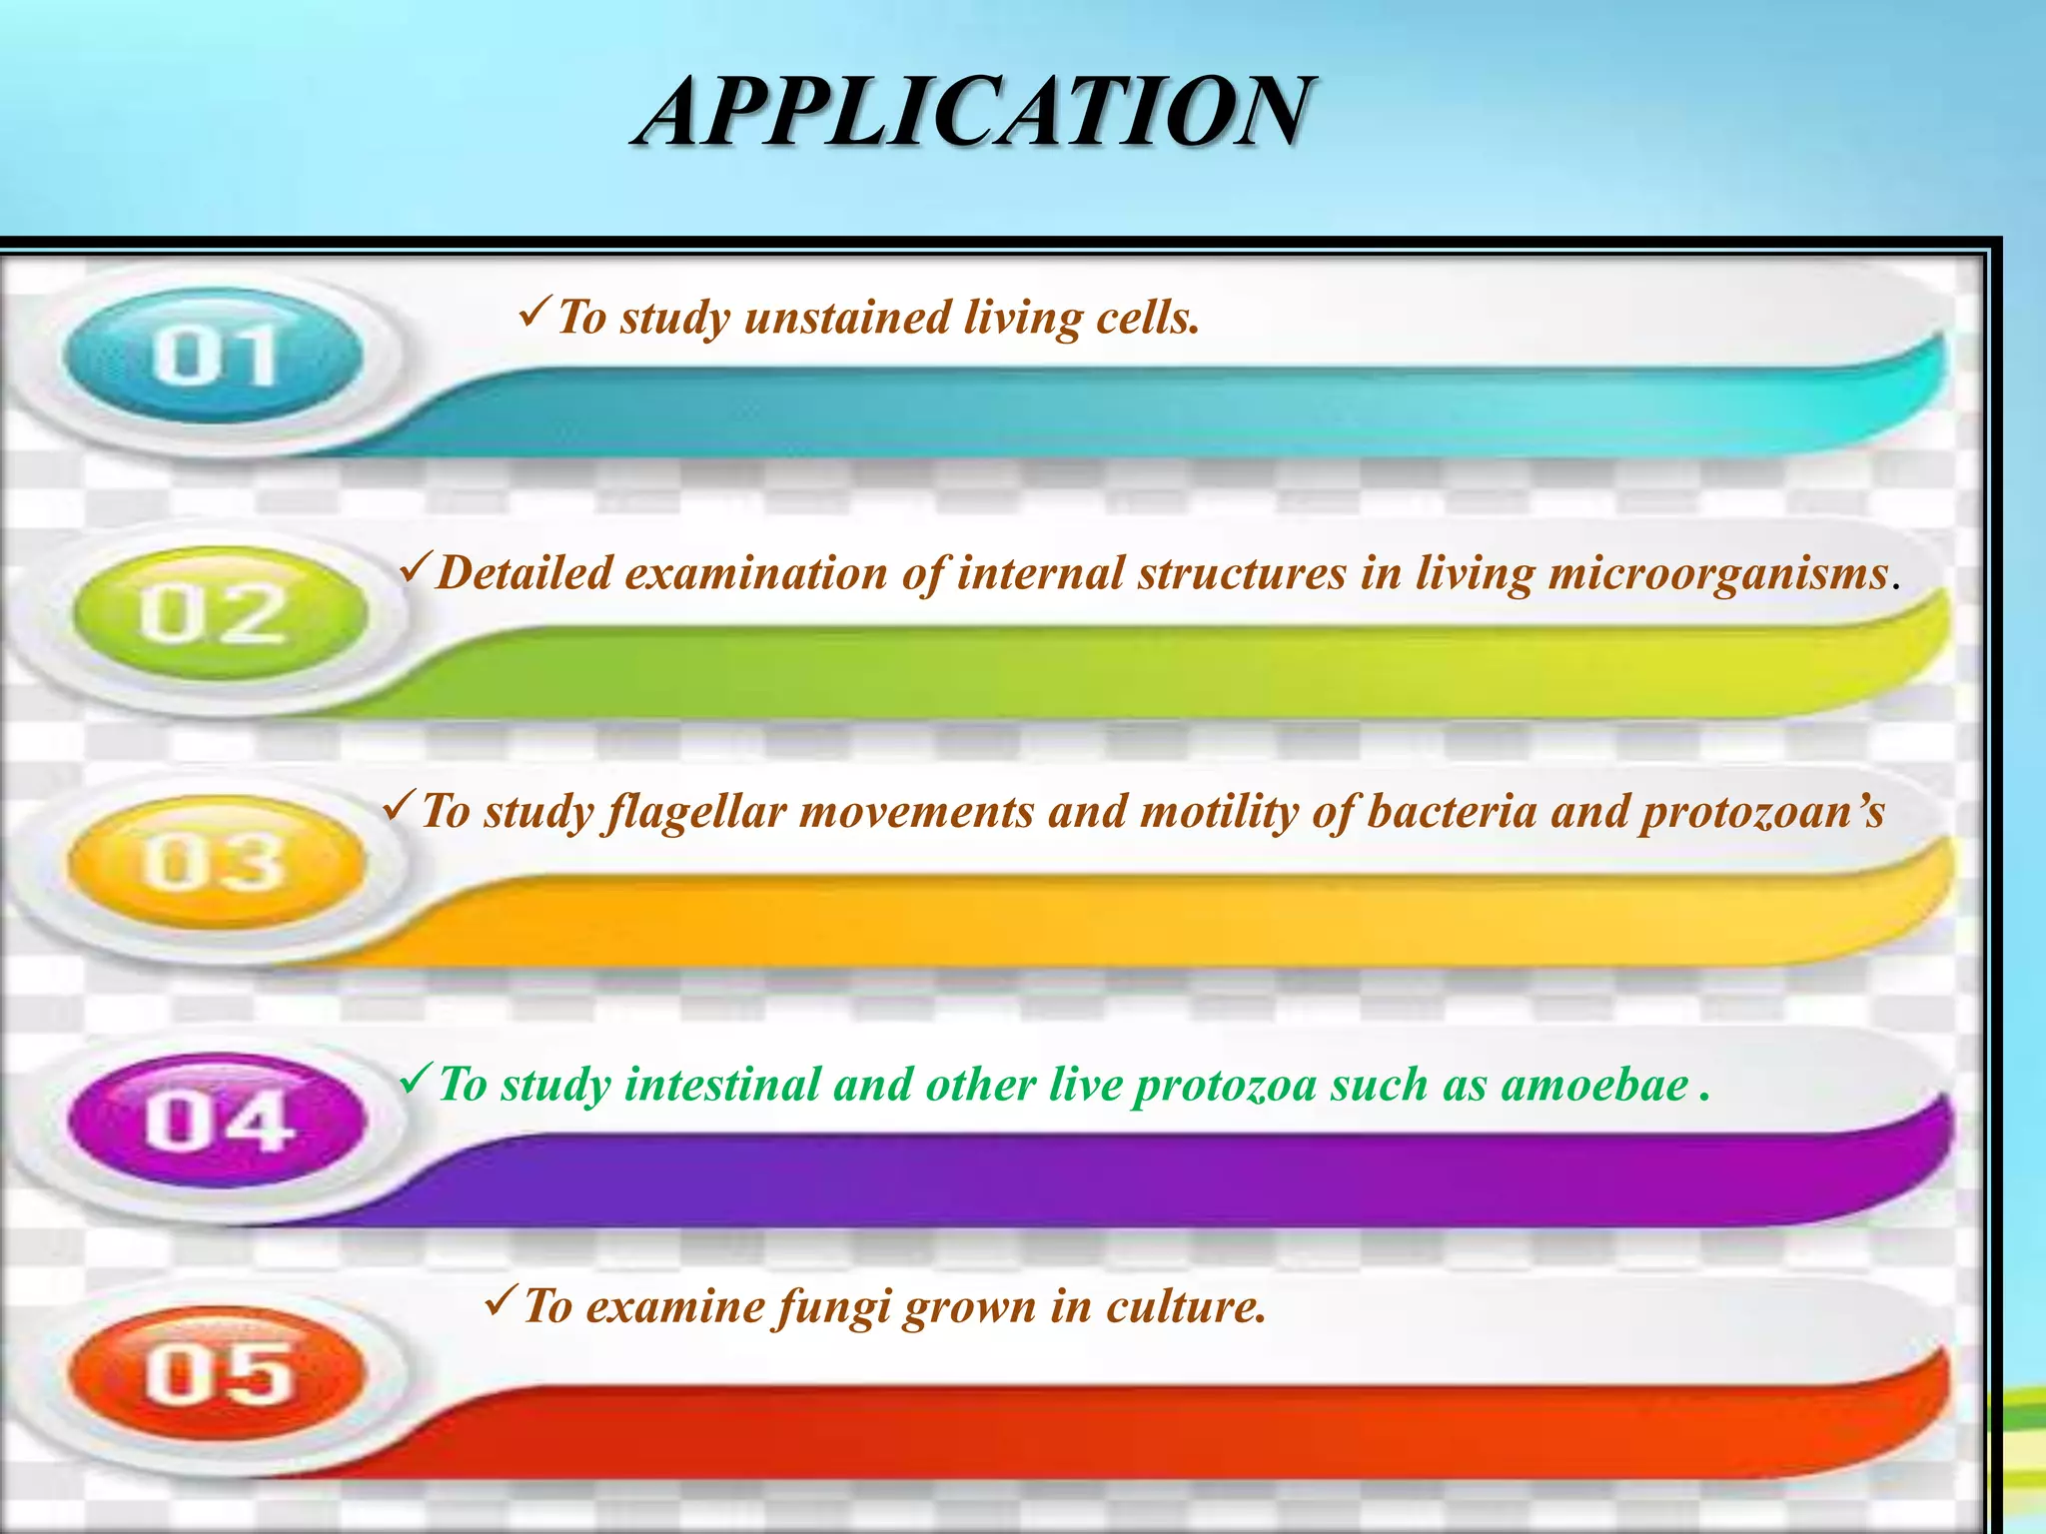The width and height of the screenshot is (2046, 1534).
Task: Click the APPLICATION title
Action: pos(974,113)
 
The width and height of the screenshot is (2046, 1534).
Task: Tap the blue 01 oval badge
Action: pos(213,356)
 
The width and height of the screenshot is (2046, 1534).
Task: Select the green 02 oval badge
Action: pos(219,613)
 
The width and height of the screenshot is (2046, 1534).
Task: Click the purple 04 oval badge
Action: pos(217,1121)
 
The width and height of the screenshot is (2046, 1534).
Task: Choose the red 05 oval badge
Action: pos(217,1374)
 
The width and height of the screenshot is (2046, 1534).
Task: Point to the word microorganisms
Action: pos(1717,574)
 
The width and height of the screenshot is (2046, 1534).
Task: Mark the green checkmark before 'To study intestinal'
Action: pos(415,1080)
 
